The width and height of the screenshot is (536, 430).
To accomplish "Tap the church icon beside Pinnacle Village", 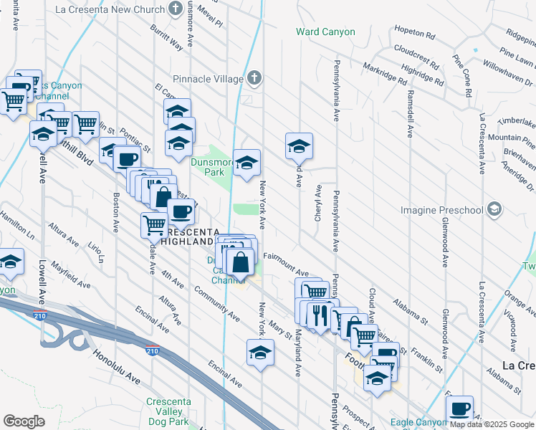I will pos(253,78).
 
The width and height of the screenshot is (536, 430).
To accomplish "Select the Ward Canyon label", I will pos(326,32).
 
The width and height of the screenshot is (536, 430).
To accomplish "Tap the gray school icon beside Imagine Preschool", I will pos(493,209).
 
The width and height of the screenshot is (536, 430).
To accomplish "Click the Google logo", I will pos(24,421).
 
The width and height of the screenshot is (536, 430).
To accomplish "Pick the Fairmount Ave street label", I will pos(285,264).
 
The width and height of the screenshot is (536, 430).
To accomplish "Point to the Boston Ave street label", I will pos(115,211).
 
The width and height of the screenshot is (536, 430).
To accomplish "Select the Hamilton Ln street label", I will pos(18,224).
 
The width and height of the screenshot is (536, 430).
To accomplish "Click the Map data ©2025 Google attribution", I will pos(492,424).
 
